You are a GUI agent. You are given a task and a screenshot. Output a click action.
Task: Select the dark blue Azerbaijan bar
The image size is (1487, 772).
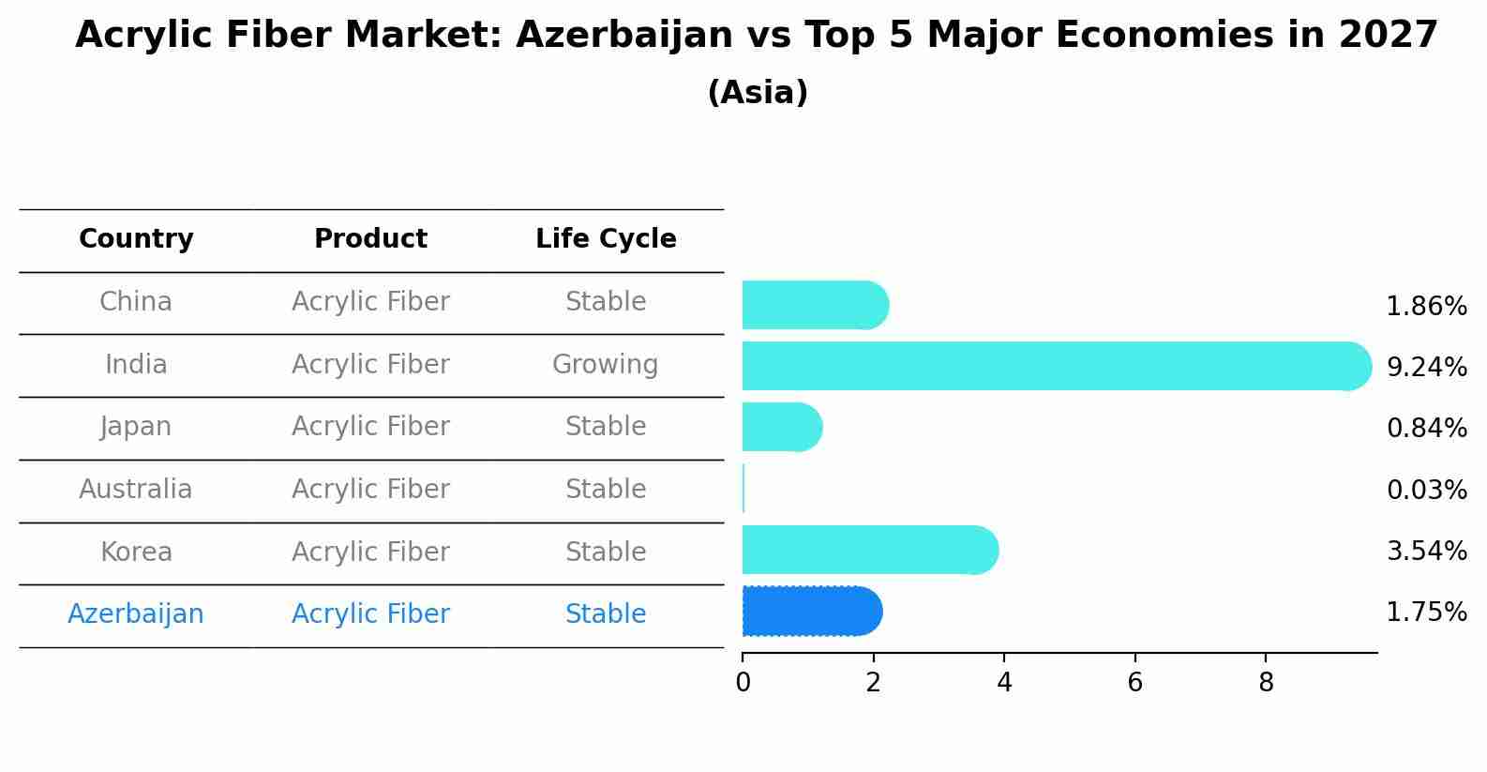[811, 612]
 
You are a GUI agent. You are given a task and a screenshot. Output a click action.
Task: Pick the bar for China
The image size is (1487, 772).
[814, 305]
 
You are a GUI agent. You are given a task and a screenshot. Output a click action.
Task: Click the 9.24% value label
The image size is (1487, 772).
[1426, 367]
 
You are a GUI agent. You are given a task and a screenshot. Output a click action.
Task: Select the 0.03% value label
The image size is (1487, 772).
[1426, 490]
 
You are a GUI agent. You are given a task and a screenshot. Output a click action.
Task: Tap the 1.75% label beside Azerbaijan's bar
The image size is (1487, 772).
[1426, 613]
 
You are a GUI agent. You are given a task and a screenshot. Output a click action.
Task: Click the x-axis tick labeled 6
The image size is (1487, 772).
[1134, 683]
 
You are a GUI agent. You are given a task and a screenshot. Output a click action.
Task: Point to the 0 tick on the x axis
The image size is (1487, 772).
[743, 683]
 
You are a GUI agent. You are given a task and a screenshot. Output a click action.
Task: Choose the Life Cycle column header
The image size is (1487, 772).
[606, 239]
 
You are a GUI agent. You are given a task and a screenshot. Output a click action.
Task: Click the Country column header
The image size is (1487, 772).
[136, 239]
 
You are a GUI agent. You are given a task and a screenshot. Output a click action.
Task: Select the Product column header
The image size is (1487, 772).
[370, 239]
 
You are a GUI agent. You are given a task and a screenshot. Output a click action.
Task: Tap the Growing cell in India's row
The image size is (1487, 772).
[605, 364]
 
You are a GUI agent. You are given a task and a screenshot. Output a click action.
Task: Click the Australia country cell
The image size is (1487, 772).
[136, 489]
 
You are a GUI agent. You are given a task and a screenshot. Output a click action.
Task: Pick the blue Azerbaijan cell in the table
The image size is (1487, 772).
[136, 613]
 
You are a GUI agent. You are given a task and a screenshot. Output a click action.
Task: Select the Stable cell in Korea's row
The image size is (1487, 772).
[605, 552]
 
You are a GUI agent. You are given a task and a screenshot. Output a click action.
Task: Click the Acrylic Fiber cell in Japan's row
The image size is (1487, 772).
[370, 426]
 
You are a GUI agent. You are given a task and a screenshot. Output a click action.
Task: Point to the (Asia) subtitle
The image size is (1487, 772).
[758, 93]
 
